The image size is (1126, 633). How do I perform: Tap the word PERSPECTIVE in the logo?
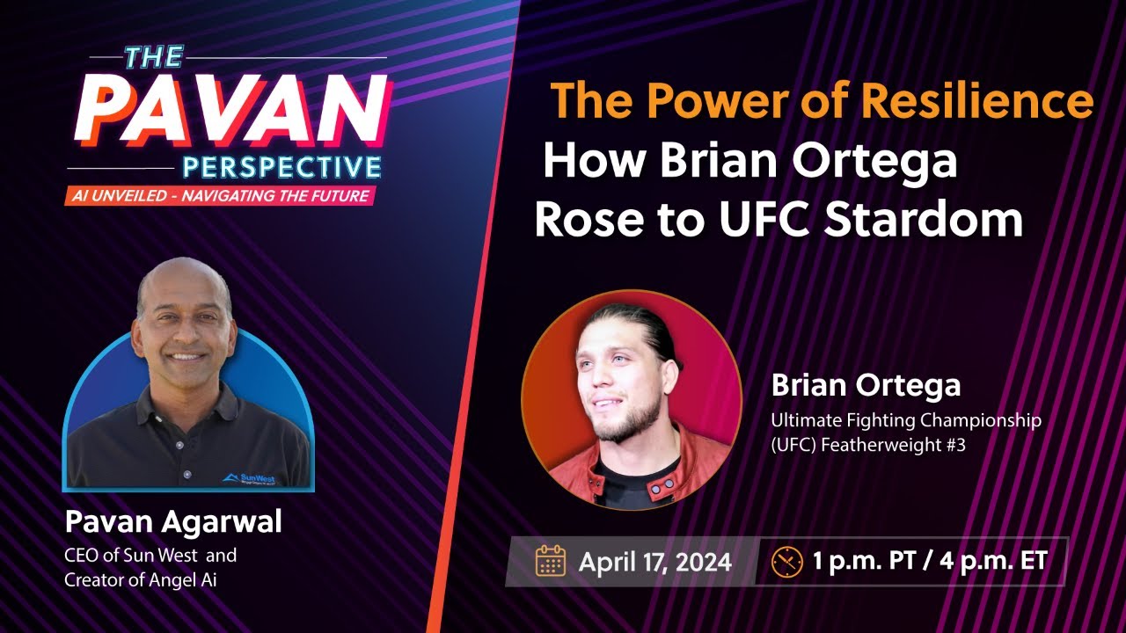tap(281, 166)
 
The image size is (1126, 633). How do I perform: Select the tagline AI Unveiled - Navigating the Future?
tap(216, 195)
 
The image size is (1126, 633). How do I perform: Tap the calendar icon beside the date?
tap(551, 560)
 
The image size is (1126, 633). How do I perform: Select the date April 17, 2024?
tap(654, 562)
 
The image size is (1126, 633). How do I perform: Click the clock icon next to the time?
tap(786, 561)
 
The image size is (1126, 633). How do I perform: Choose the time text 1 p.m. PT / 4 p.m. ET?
tap(931, 561)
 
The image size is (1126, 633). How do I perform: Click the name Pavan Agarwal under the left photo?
tap(173, 522)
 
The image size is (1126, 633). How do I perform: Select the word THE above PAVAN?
tap(155, 57)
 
